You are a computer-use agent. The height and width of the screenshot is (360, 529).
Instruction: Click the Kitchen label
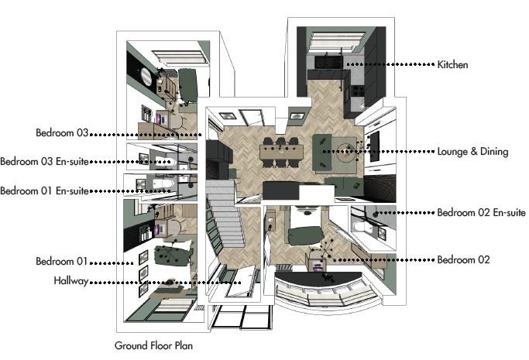tap(452, 64)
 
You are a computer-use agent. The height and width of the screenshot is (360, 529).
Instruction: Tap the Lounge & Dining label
tap(472, 151)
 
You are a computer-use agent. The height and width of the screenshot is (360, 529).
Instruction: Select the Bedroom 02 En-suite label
tap(481, 213)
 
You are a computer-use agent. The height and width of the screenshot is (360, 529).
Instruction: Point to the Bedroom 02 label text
tap(463, 259)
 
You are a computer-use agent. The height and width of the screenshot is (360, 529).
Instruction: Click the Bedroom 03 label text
tap(62, 132)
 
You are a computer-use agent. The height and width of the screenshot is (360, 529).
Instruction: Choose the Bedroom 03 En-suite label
tap(44, 162)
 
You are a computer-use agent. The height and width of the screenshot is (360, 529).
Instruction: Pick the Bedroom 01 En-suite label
tap(44, 191)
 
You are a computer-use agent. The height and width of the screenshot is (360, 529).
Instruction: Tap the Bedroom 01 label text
tap(62, 261)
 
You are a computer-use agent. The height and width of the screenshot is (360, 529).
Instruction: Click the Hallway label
tap(70, 281)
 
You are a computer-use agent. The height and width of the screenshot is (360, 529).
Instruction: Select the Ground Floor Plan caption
tap(154, 345)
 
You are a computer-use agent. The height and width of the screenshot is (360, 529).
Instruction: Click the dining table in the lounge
tap(281, 152)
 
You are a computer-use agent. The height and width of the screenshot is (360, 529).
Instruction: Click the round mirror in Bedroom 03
tap(146, 75)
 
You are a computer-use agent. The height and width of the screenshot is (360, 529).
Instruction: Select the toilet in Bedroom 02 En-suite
tap(362, 227)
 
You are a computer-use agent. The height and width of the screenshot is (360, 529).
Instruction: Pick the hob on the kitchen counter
tap(358, 91)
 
